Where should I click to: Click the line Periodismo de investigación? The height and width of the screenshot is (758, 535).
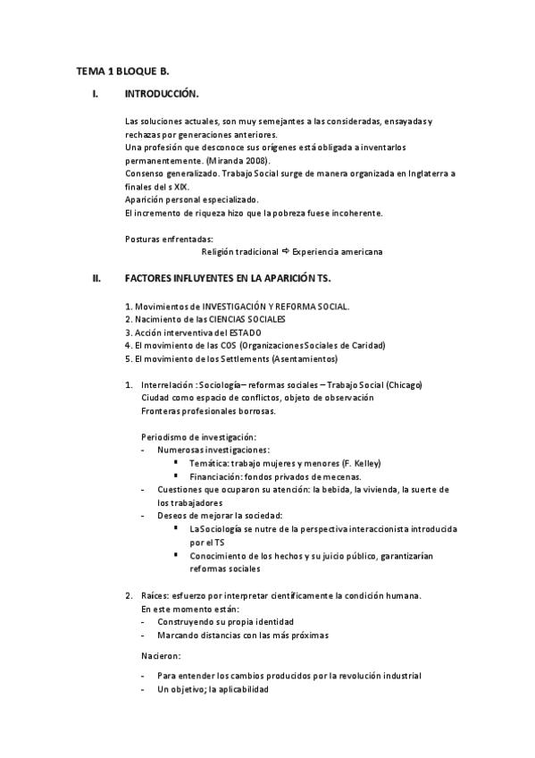[x=192, y=436]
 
